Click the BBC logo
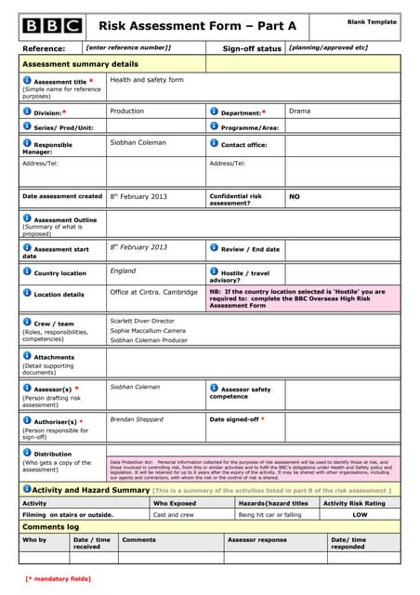pos(52,26)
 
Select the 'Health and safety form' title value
pos(147,80)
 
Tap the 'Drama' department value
pos(300,111)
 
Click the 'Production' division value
pos(127,111)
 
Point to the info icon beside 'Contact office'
pos(215,144)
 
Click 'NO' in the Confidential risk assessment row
pos(295,197)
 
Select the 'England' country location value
pos(123,271)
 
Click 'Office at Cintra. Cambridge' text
pos(153,292)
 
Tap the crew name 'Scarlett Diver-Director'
pos(142,320)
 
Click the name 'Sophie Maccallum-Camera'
pos(148,330)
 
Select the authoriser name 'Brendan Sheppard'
pos(136,419)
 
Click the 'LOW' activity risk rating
pos(360,514)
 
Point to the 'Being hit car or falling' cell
pos(270,514)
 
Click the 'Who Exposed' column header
pos(175,503)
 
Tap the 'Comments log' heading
pos(51,527)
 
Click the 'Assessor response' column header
pos(257,539)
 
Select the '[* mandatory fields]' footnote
pos(58,578)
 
